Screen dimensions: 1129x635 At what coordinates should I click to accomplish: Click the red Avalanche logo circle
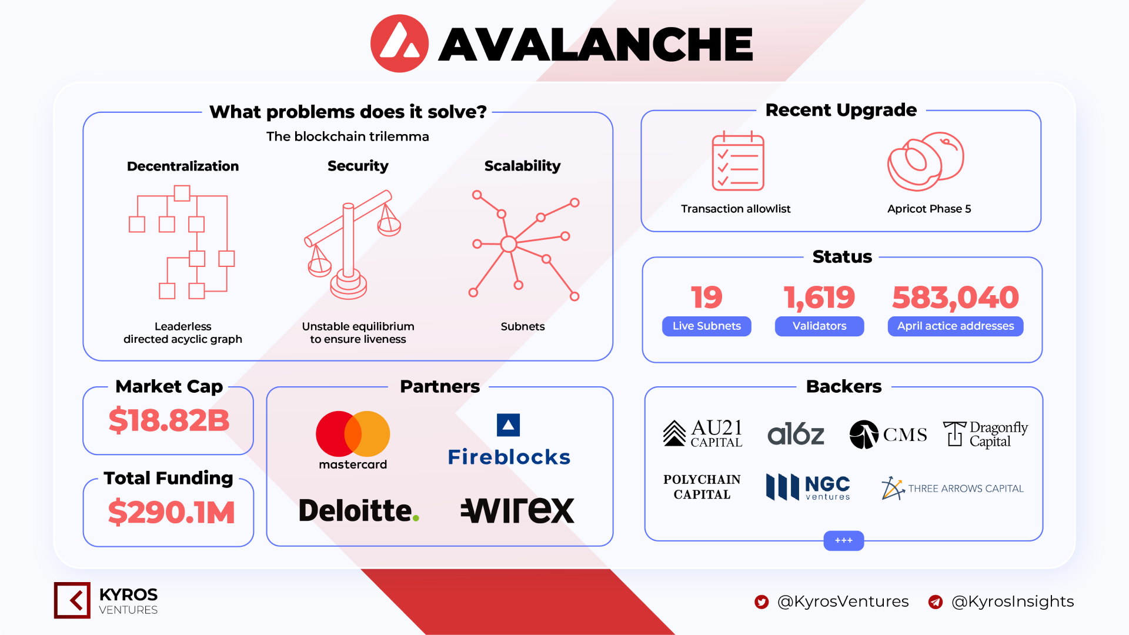click(399, 44)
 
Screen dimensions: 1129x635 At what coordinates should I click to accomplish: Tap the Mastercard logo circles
click(353, 434)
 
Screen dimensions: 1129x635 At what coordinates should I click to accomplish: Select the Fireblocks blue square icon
click(508, 425)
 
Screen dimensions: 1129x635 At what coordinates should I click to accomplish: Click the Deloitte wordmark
click(359, 510)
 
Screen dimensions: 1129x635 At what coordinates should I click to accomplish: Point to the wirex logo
click(517, 510)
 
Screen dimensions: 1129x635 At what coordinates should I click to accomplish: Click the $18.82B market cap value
click(169, 420)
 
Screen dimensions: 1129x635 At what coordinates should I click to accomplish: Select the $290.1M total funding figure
click(171, 512)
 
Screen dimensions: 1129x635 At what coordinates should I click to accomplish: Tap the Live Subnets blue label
click(707, 326)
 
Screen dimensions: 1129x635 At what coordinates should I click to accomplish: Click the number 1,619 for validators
click(819, 298)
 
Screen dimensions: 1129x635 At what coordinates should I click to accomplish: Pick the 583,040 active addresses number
click(956, 298)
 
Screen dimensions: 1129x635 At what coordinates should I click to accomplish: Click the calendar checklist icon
click(738, 161)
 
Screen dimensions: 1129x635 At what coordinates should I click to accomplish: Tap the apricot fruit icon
click(926, 161)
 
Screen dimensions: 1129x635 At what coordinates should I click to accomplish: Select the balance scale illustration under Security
click(352, 245)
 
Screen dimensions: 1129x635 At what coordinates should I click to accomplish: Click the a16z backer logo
click(796, 435)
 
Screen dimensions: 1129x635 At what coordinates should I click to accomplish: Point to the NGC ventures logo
click(808, 487)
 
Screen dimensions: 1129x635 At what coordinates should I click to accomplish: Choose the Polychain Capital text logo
click(702, 487)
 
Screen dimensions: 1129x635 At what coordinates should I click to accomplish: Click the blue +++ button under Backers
click(844, 540)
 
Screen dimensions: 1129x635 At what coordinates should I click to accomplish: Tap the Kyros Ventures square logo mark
click(72, 600)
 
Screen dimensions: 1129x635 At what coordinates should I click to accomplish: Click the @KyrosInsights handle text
click(1013, 601)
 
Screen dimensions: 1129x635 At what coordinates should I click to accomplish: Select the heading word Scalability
click(522, 166)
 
